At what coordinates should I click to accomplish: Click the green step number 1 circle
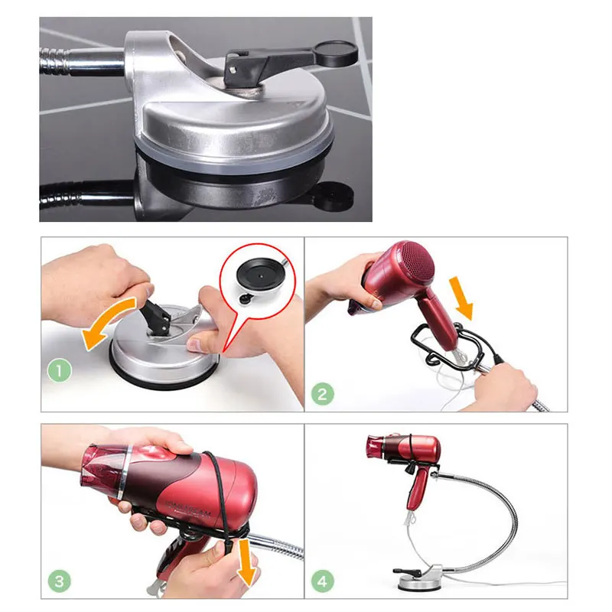60,373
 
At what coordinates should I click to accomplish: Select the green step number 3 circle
60,581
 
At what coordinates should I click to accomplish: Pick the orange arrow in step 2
461,300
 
